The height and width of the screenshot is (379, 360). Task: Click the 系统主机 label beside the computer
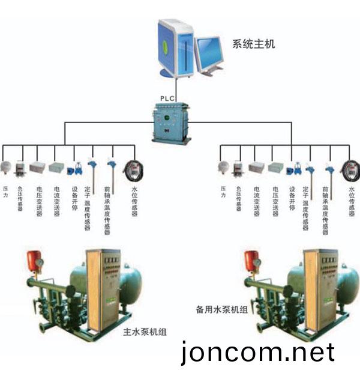(x=253, y=43)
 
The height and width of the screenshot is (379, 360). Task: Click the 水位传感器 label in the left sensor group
(x=135, y=201)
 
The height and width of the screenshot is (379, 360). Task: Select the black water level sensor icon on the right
(x=350, y=167)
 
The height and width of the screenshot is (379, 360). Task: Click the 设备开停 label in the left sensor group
(x=75, y=198)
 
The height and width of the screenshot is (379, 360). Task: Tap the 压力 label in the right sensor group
(x=223, y=192)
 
